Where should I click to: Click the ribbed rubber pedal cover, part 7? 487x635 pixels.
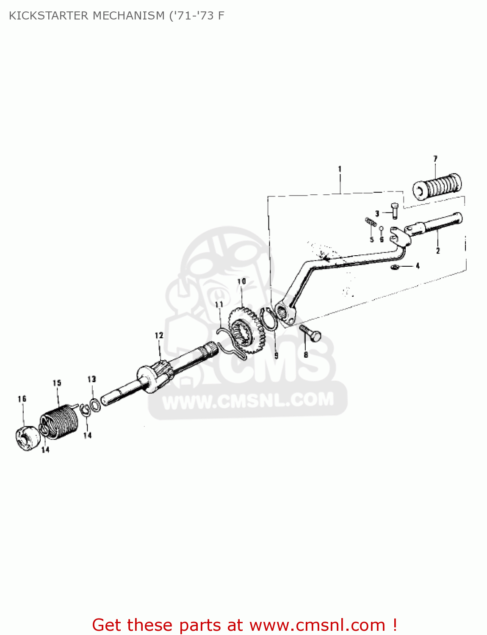(437, 186)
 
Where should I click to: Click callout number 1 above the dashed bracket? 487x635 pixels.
(340, 169)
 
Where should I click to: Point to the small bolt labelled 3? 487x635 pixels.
(394, 210)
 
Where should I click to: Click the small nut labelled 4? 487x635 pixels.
(395, 267)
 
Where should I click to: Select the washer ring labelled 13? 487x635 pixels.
(95, 404)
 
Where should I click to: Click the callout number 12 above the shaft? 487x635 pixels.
(159, 336)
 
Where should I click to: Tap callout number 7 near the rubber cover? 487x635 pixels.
(435, 159)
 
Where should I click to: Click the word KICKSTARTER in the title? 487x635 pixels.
(48, 16)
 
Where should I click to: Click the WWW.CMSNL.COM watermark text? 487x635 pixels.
(248, 400)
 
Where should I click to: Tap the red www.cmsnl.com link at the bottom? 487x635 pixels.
(317, 625)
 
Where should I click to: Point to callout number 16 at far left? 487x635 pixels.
(22, 399)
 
